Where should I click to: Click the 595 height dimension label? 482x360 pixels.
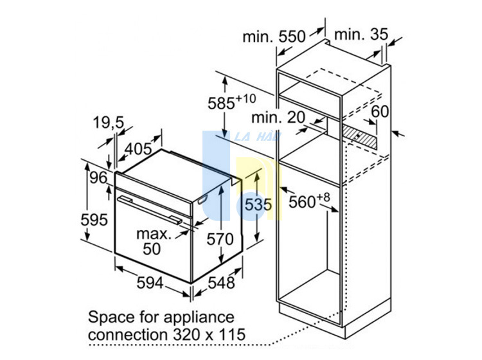[x=94, y=219]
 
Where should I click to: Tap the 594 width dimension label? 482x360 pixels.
[x=150, y=282]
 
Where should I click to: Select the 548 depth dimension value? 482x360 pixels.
[x=221, y=282]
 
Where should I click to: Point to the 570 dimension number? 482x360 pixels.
[x=220, y=239]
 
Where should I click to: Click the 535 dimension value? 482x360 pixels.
[x=258, y=204]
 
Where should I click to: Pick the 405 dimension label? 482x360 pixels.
[x=138, y=149]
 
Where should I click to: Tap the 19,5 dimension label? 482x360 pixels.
[x=109, y=123]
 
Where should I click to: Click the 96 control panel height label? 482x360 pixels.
[x=98, y=177]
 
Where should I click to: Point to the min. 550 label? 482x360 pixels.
[x=274, y=37]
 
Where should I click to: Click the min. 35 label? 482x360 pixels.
[x=361, y=34]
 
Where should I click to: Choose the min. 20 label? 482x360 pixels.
[x=278, y=117]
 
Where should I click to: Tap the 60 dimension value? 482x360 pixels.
[x=380, y=111]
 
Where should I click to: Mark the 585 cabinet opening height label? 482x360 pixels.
[x=232, y=102]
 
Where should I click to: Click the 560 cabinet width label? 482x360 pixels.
[x=309, y=201]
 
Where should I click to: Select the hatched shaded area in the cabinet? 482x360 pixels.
[x=361, y=136]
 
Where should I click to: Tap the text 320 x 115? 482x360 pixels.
[x=210, y=334]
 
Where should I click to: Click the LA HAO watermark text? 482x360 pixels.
[x=258, y=136]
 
